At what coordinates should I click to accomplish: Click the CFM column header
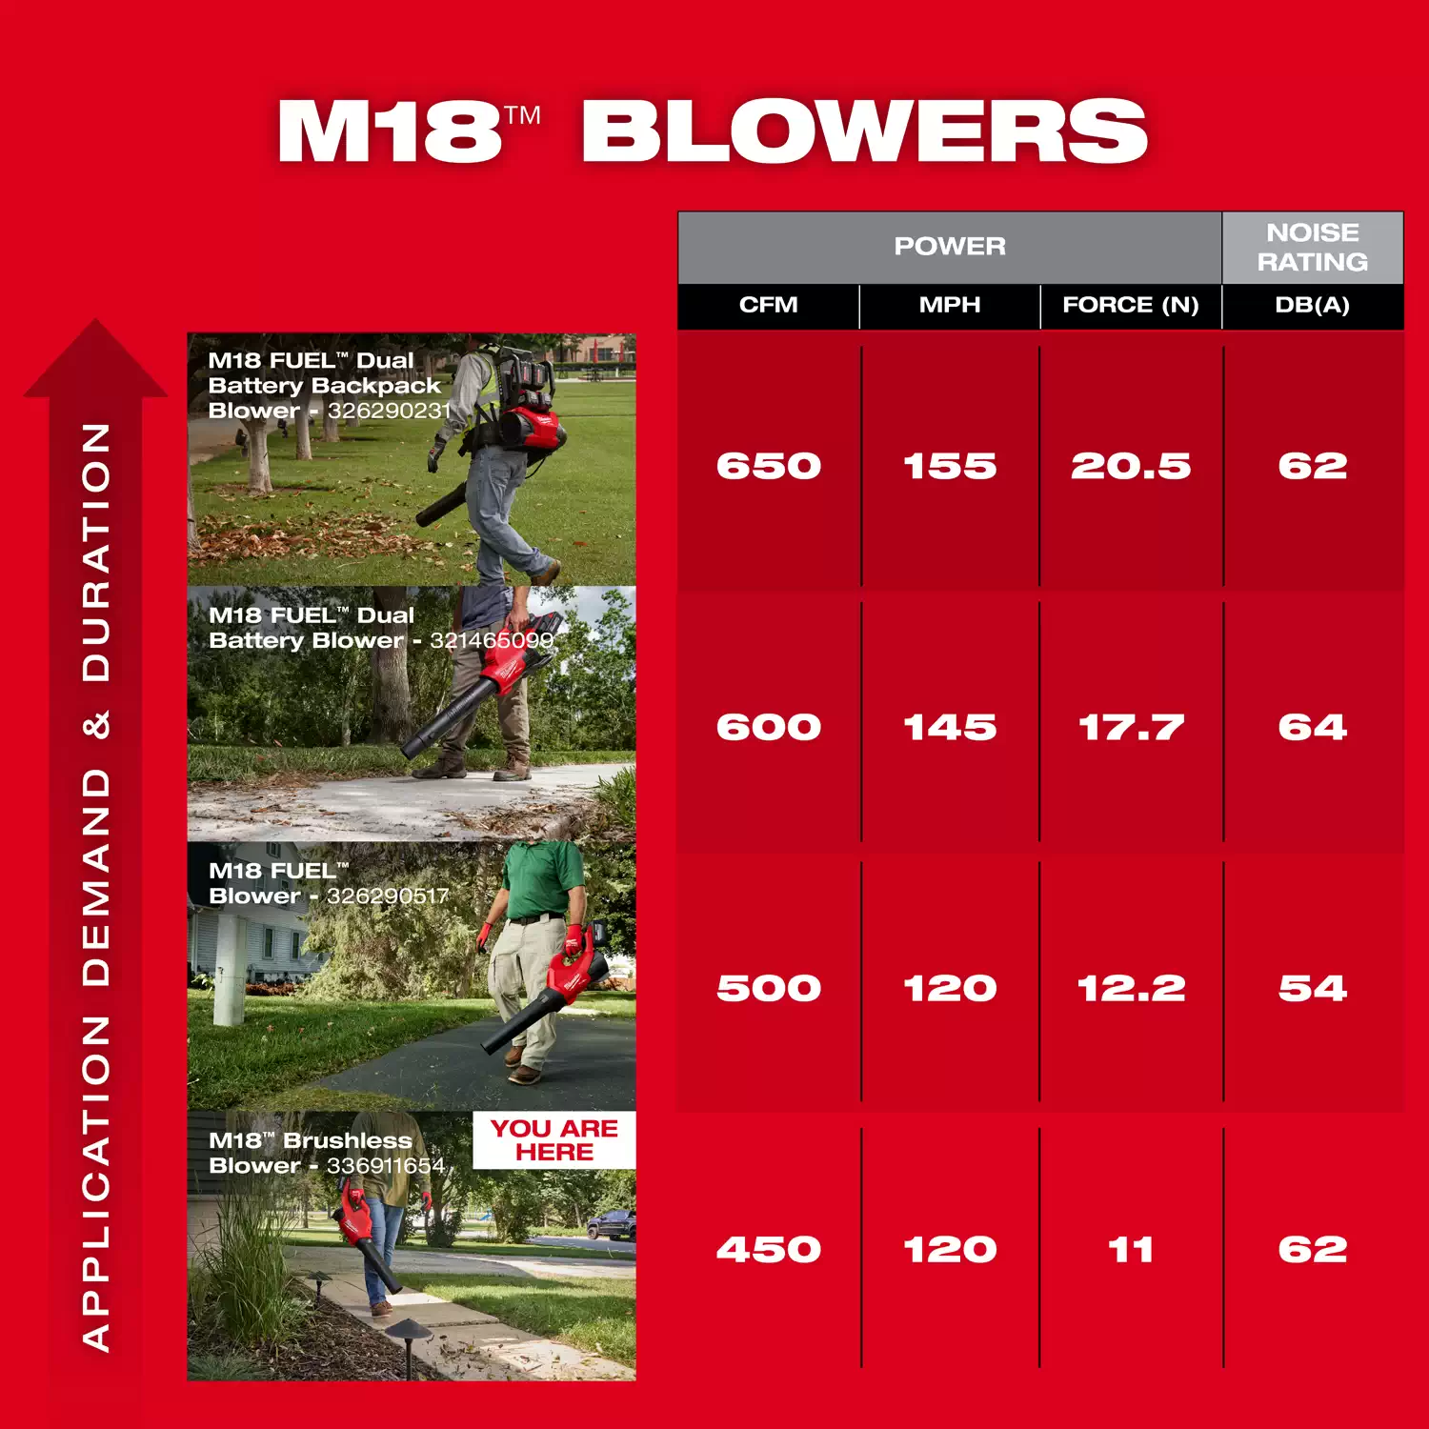768,305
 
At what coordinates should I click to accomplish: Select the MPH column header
950,305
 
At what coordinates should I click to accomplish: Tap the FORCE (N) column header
1131,305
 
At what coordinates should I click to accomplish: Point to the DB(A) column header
1313,305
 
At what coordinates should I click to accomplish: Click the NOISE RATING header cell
1313,247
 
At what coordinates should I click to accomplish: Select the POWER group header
950,246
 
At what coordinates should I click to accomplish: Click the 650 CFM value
769,466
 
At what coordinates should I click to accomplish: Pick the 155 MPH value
950,466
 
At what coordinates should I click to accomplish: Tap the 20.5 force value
1131,466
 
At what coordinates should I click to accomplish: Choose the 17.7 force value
1131,728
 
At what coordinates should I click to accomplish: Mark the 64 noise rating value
1313,728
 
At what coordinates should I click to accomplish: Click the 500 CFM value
769,989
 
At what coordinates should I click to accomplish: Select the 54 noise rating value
1313,989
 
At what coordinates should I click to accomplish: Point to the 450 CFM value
769,1250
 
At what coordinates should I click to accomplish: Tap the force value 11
1131,1250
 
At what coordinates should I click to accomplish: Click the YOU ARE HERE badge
554,1139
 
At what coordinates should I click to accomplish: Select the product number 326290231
389,411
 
